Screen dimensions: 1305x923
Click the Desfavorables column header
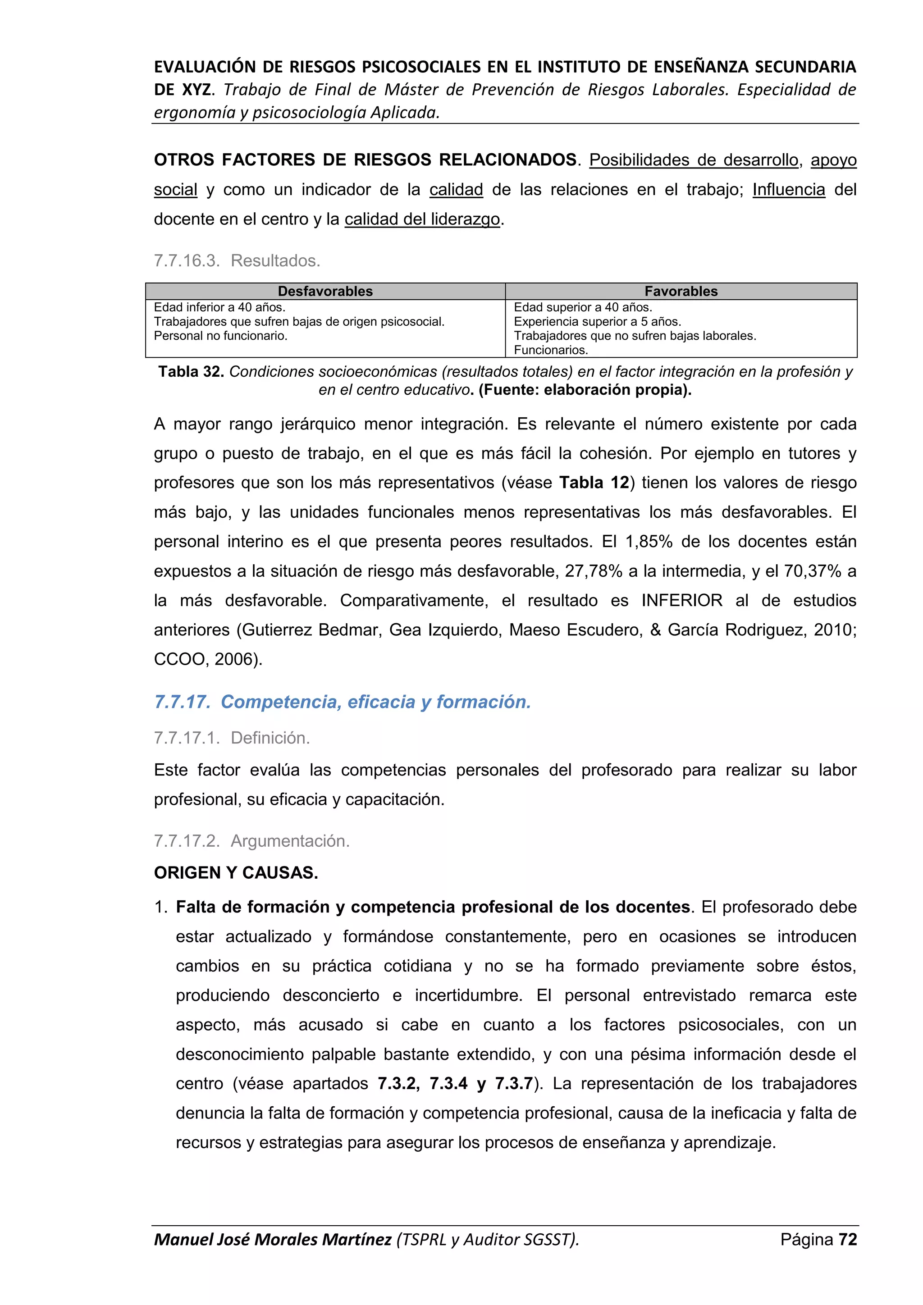click(x=325, y=291)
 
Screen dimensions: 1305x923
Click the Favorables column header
click(x=681, y=291)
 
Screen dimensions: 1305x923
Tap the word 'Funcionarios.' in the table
click(x=551, y=350)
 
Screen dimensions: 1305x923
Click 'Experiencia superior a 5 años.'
click(x=597, y=322)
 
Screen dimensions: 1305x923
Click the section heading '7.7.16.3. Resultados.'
click(x=237, y=261)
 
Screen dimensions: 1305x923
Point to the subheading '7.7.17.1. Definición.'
click(x=232, y=738)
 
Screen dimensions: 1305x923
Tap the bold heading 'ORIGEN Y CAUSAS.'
click(x=236, y=872)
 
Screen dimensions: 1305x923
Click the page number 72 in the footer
click(x=847, y=1239)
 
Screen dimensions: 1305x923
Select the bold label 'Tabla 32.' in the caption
click(x=191, y=372)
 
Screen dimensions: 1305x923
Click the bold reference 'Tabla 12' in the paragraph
click(x=594, y=483)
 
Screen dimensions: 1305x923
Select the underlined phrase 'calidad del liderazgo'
click(x=422, y=219)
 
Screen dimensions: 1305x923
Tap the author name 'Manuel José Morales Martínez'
click(x=273, y=1239)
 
